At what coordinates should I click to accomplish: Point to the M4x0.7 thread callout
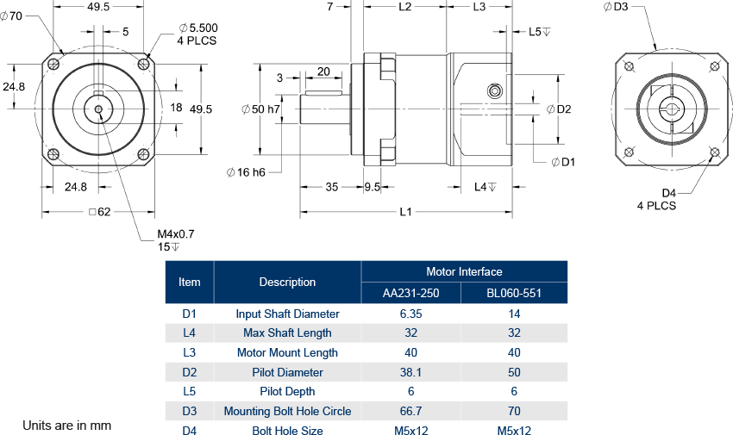[x=176, y=234]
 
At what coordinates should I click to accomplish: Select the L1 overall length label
[x=405, y=213]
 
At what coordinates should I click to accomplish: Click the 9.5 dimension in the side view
[x=373, y=187]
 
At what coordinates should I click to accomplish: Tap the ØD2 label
[x=560, y=109]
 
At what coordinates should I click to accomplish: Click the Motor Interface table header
[x=464, y=271]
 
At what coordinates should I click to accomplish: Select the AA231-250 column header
[x=411, y=293]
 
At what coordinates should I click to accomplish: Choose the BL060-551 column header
[x=514, y=293]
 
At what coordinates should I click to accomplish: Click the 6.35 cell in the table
[x=411, y=314]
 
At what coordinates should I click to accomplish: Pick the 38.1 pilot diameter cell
[x=411, y=372]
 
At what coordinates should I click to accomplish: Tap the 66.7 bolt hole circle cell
[x=411, y=411]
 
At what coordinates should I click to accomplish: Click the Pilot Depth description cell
[x=287, y=391]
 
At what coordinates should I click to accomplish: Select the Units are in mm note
[x=66, y=426]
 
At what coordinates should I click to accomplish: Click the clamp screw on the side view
[x=495, y=91]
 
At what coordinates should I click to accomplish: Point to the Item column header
[x=189, y=282]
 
